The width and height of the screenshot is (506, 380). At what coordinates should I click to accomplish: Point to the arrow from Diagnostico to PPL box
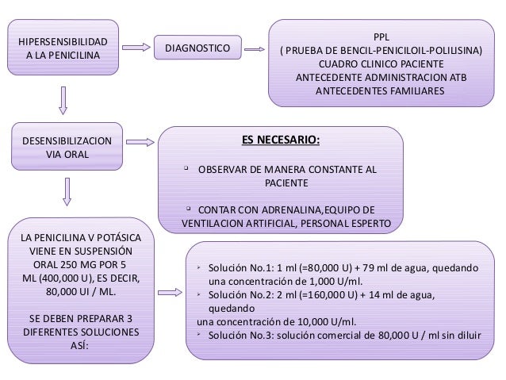tap(252, 50)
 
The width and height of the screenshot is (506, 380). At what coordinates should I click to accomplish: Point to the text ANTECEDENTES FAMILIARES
tap(381, 90)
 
